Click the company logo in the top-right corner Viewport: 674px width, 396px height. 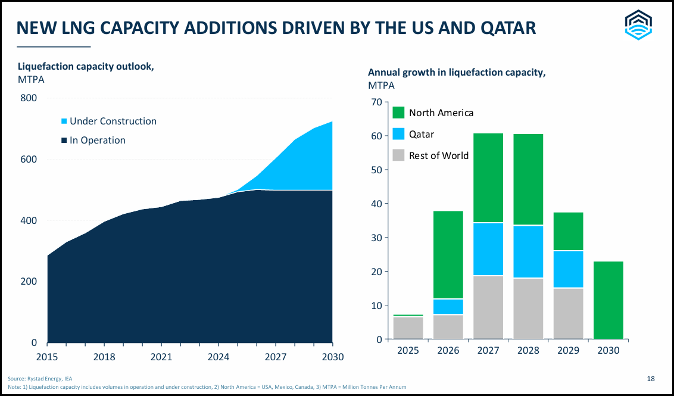[638, 26]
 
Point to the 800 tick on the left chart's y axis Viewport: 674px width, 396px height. [29, 98]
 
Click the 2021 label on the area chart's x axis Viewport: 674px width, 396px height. [161, 357]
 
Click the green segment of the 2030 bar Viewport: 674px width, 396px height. [609, 300]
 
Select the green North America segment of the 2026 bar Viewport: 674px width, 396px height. [448, 255]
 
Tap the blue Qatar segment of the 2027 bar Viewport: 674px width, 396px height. [488, 249]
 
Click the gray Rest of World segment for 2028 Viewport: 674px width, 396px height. [528, 308]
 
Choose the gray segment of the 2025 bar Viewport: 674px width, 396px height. [408, 328]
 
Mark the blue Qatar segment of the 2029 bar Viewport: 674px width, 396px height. [568, 269]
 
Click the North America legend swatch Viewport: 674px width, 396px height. [398, 113]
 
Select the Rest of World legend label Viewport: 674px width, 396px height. [439, 155]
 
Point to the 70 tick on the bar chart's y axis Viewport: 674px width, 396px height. [375, 102]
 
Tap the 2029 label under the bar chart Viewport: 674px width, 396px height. [568, 350]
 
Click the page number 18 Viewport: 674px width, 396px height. [651, 378]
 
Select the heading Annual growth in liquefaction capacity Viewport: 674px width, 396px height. [457, 73]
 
